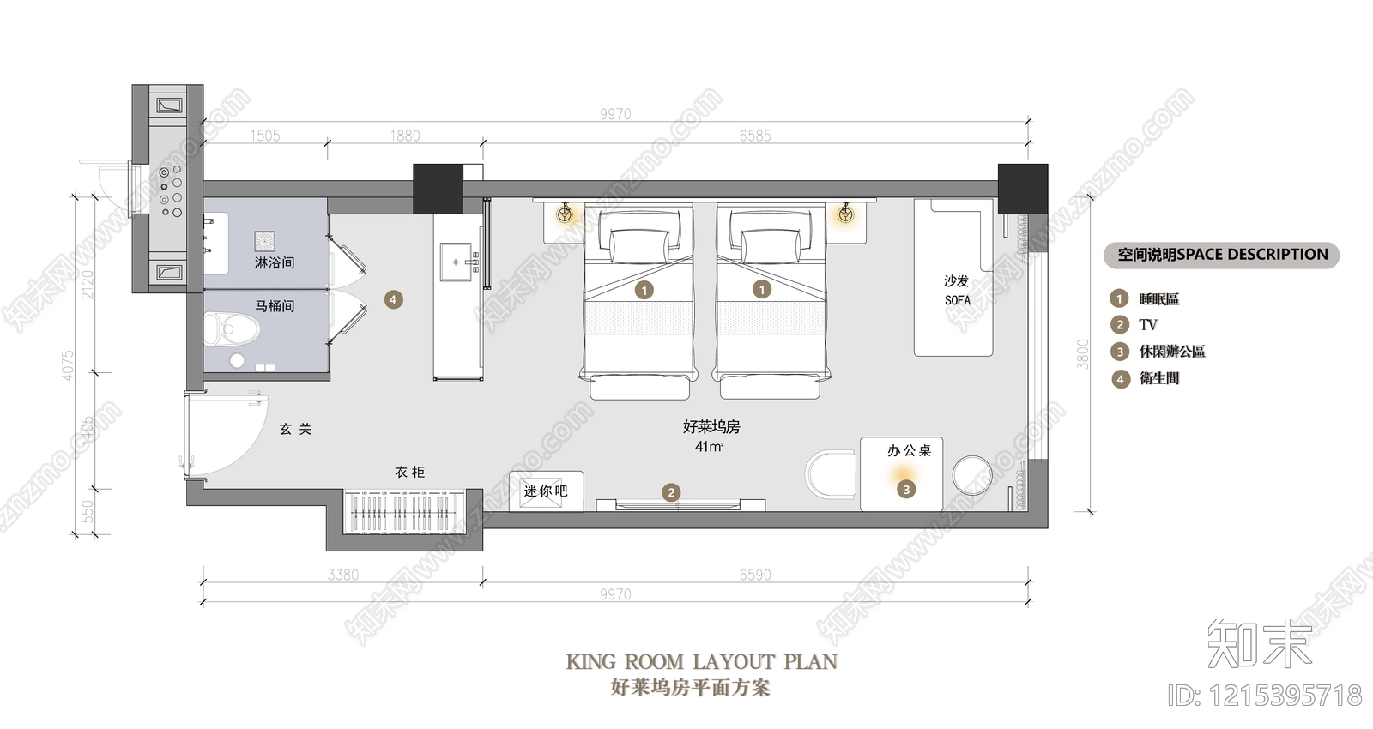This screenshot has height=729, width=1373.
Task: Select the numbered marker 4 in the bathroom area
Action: click(x=393, y=299)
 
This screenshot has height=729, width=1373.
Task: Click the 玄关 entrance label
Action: click(x=295, y=429)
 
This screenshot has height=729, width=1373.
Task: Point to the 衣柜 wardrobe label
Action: click(x=410, y=472)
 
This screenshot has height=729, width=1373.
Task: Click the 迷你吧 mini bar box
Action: click(x=546, y=491)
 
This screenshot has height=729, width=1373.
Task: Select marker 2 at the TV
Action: click(x=671, y=492)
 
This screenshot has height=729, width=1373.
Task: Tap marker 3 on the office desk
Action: click(x=906, y=489)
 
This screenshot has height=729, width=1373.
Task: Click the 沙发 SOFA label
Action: click(x=957, y=290)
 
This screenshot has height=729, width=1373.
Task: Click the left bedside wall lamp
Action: click(x=566, y=214)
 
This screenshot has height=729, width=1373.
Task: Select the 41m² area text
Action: click(x=710, y=447)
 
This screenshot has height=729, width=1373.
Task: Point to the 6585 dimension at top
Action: click(x=755, y=136)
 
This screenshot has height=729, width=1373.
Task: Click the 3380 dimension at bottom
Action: click(x=342, y=575)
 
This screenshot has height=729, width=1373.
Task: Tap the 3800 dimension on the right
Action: click(x=1083, y=353)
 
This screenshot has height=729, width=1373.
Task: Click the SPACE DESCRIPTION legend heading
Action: click(x=1222, y=255)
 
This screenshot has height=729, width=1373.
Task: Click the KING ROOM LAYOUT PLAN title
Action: click(x=701, y=661)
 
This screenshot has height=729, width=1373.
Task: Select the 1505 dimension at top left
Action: click(x=264, y=136)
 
